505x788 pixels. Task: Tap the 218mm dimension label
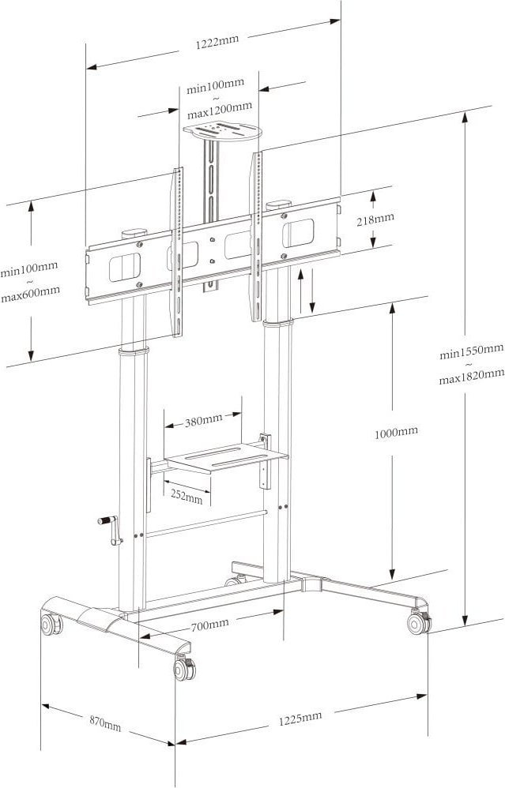tap(375, 219)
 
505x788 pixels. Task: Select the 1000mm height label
tap(396, 432)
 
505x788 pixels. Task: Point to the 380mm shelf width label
tap(203, 421)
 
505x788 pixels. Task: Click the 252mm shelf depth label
tap(187, 496)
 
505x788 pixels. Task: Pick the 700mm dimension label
tap(209, 625)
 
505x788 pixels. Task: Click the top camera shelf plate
tap(222, 132)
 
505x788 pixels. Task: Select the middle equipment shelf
tap(227, 456)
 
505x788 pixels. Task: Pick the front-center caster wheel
tap(185, 669)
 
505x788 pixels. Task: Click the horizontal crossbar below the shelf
tap(207, 523)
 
